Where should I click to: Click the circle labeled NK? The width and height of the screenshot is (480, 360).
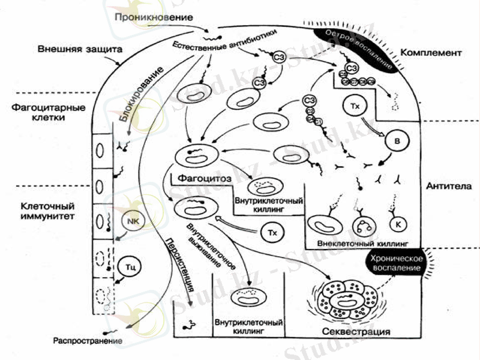(133, 221)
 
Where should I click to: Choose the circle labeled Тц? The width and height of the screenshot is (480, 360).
(129, 264)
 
